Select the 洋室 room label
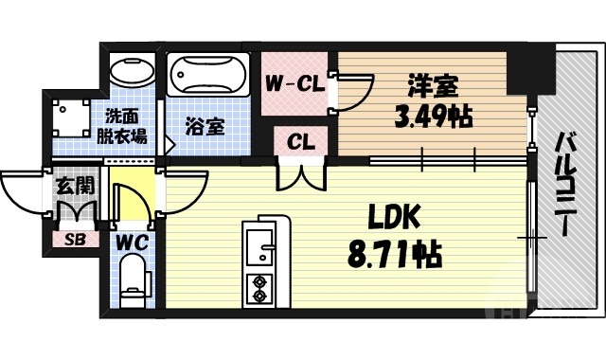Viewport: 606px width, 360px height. pos(435,87)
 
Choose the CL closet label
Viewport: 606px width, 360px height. pos(301,143)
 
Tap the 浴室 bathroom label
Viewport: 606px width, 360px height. pos(205,125)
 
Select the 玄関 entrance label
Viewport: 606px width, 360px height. pos(71,187)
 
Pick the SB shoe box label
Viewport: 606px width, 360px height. pos(72,239)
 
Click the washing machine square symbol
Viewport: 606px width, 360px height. pos(69,117)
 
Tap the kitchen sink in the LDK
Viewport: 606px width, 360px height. pos(258,241)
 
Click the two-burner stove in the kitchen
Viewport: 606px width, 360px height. pos(258,288)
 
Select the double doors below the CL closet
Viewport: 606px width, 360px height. pos(301,175)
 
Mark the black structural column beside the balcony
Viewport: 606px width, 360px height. pos(520,71)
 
